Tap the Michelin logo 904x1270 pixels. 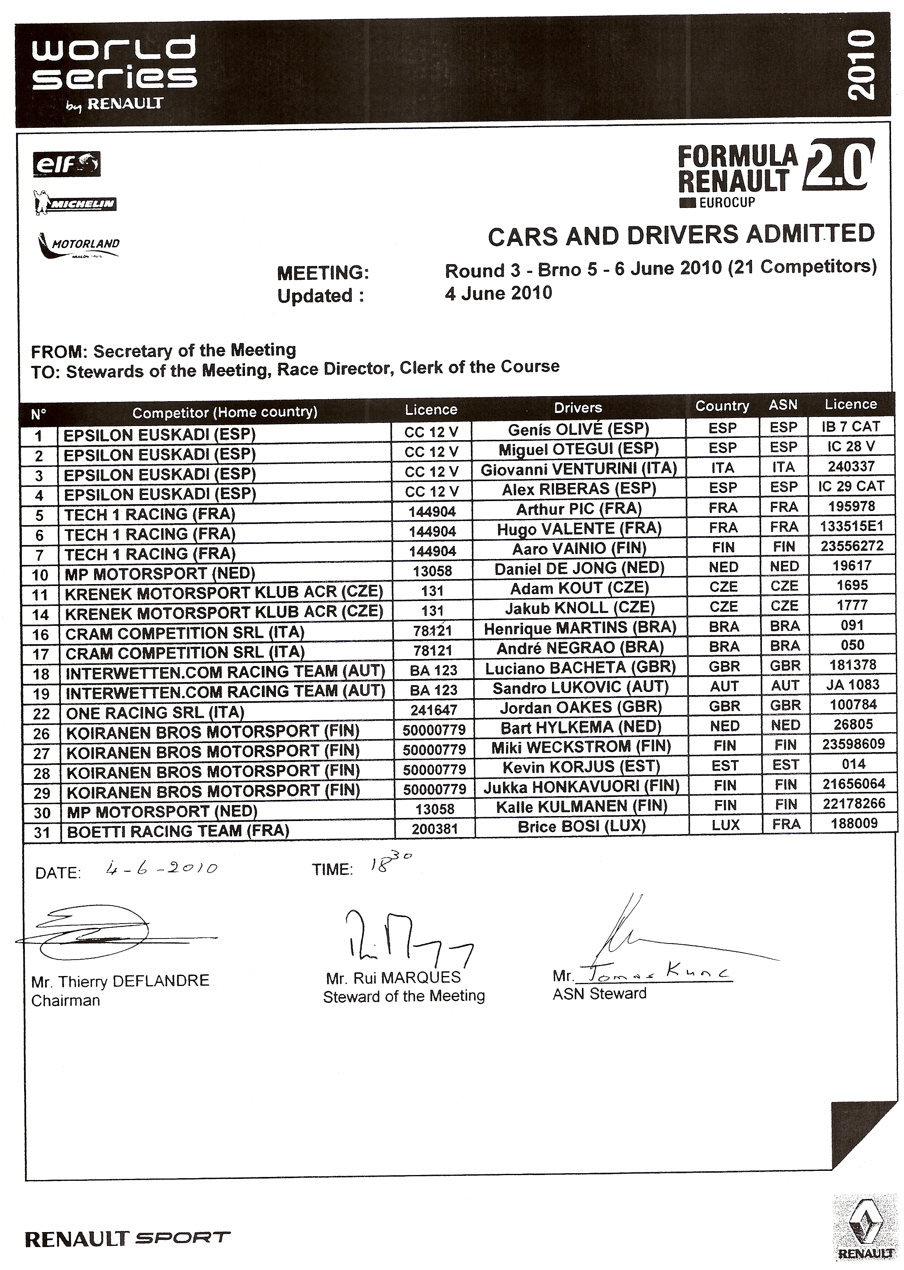[x=75, y=205]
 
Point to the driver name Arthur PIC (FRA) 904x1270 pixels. [x=579, y=509]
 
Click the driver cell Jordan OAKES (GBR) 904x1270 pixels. [x=580, y=707]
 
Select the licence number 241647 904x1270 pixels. [x=434, y=710]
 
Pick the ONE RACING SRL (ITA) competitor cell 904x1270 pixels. [x=155, y=712]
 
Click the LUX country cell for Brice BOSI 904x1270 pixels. [x=725, y=825]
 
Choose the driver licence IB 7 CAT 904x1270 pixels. [x=850, y=427]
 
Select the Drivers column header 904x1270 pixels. [x=578, y=408]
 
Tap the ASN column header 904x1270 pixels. [x=783, y=405]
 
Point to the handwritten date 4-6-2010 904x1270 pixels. [x=162, y=868]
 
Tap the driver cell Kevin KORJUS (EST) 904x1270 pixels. [x=581, y=767]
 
